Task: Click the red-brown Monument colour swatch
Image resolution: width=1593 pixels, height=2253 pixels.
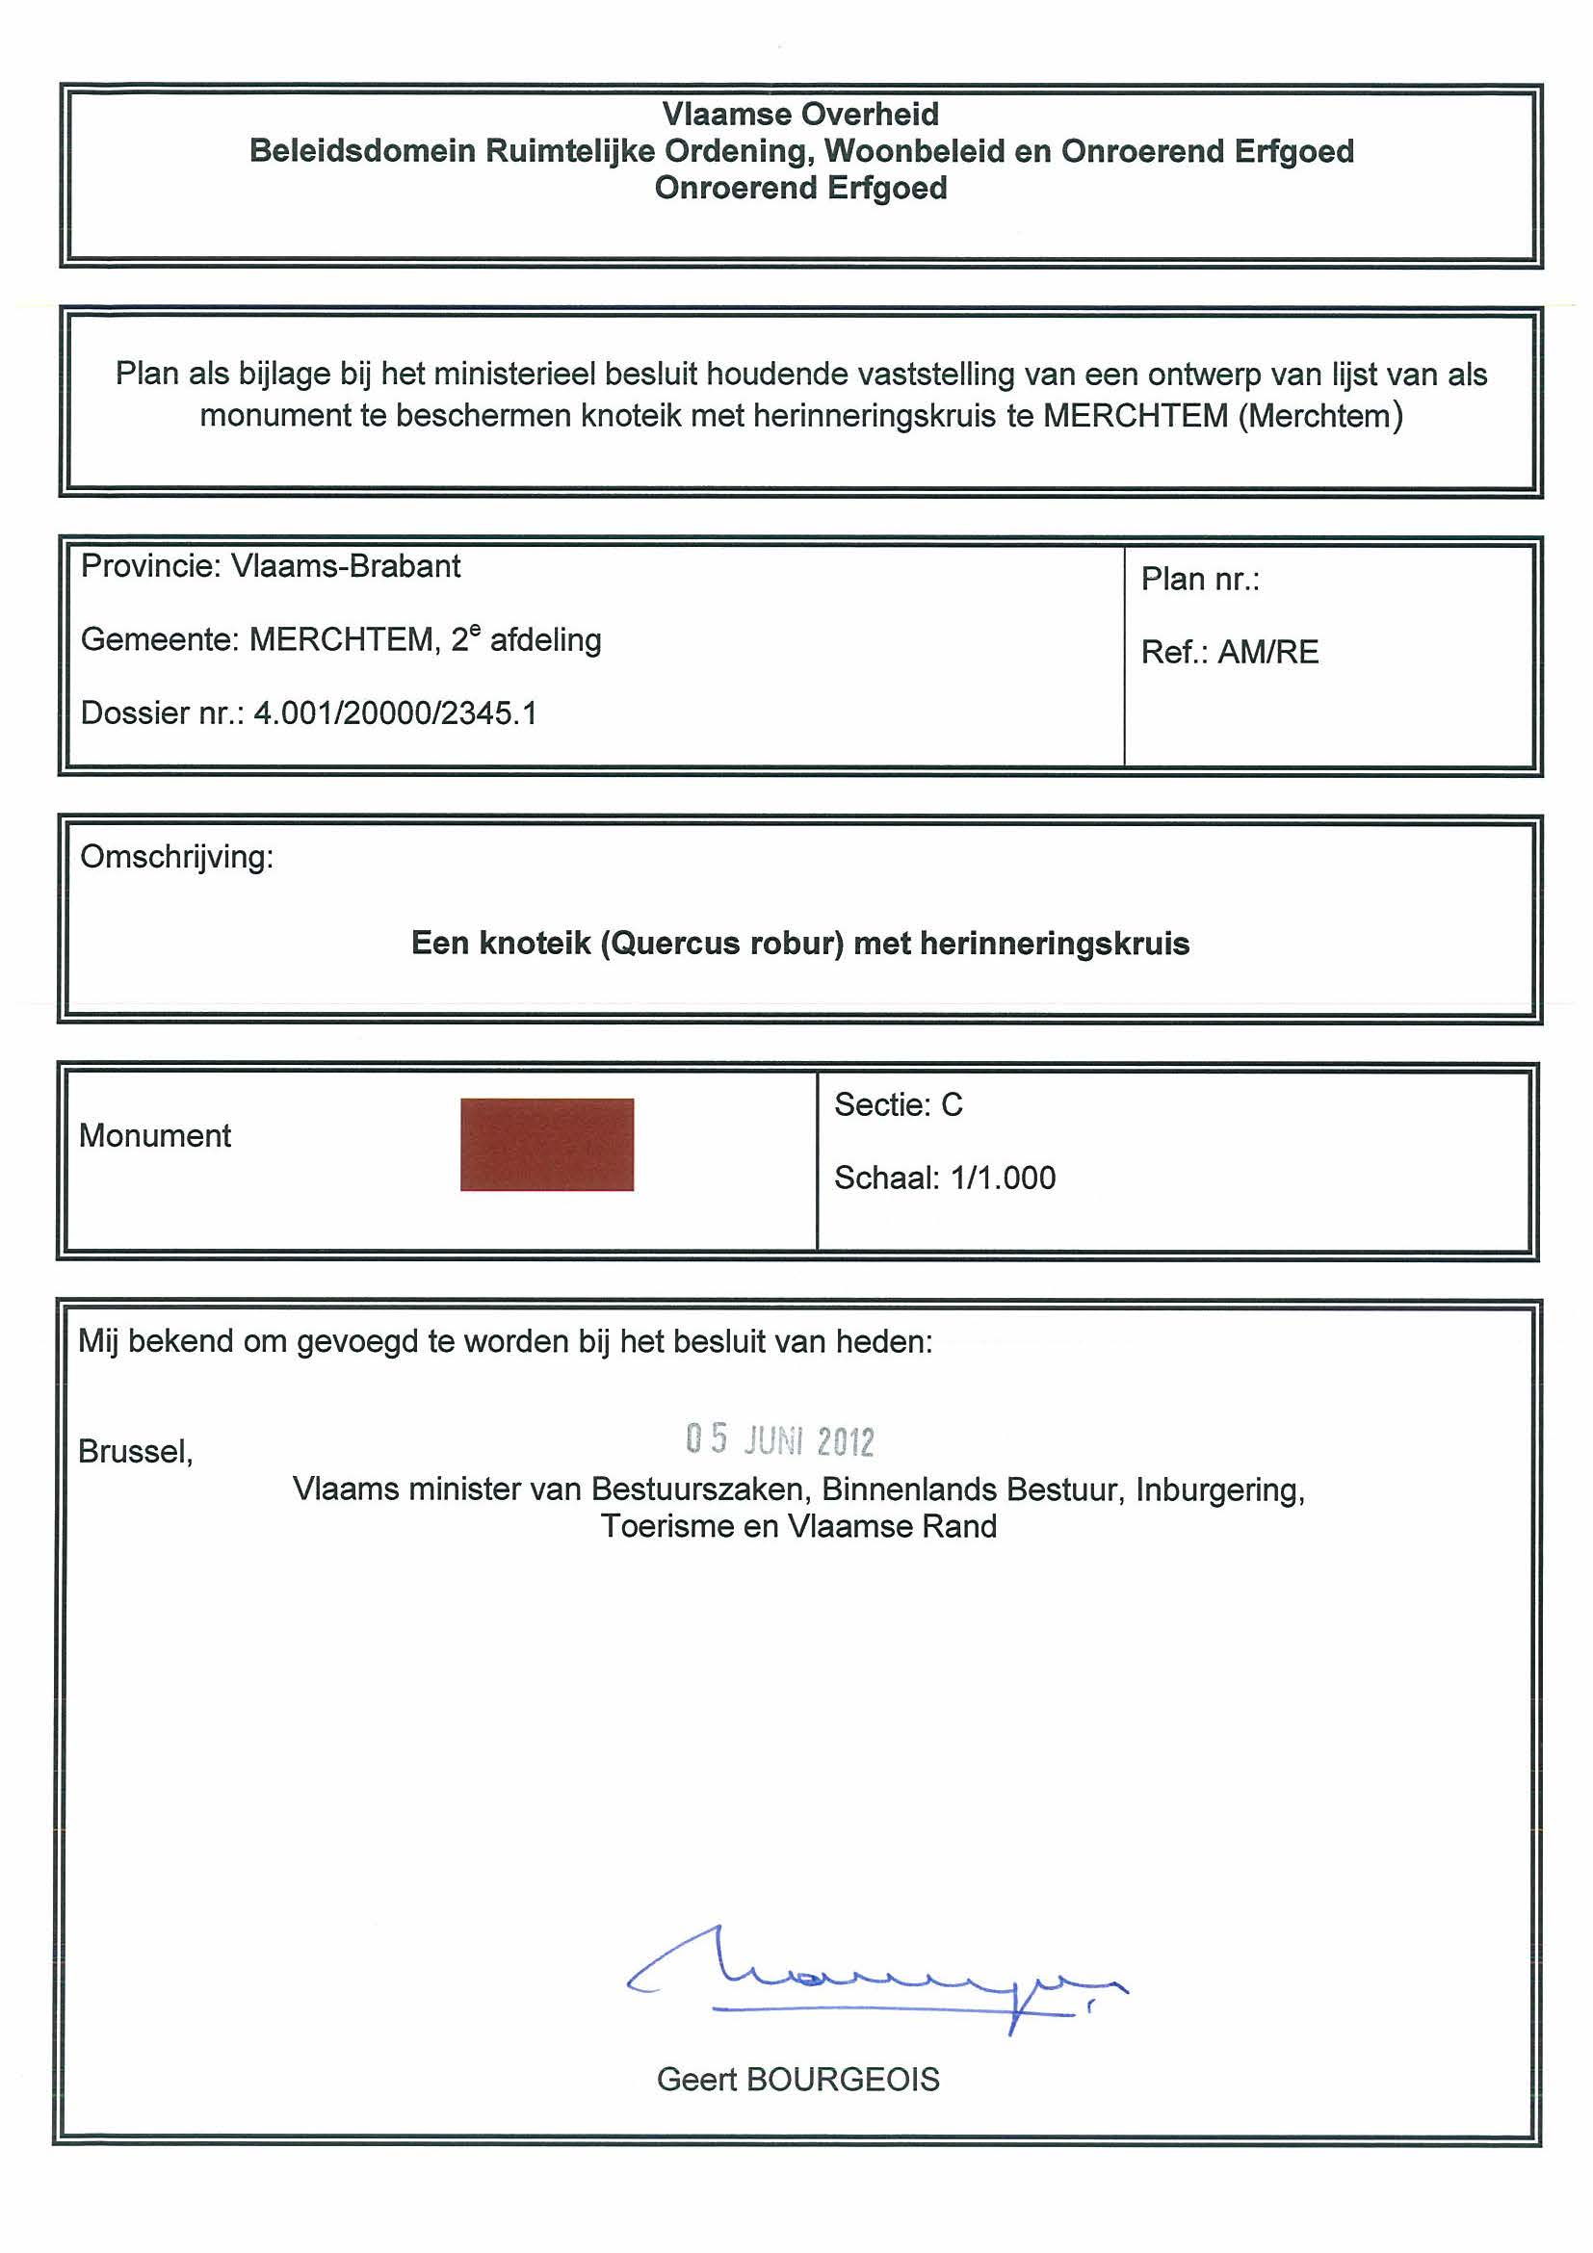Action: point(547,1144)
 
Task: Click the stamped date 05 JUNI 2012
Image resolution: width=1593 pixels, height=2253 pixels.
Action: point(779,1439)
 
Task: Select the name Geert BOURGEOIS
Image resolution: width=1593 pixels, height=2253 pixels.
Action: point(798,2080)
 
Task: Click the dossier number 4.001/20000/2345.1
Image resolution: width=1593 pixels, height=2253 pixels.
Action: point(396,713)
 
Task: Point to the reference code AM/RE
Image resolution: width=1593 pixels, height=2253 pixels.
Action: point(1268,653)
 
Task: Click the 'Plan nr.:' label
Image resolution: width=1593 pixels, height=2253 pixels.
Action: point(1199,580)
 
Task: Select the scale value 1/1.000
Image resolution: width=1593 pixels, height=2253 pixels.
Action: point(1004,1178)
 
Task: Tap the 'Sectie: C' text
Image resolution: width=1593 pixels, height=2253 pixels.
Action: point(898,1105)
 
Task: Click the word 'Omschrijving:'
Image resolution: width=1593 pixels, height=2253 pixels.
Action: point(176,857)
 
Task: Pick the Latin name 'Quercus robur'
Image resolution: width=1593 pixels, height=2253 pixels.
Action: point(722,943)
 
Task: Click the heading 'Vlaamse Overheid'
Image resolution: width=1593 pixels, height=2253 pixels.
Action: point(800,115)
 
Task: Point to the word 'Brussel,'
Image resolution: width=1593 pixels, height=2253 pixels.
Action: point(136,1451)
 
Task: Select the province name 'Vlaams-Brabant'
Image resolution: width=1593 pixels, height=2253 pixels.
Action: point(346,566)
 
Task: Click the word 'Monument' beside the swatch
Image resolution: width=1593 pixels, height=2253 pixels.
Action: point(155,1135)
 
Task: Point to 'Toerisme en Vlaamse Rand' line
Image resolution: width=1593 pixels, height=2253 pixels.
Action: point(799,1526)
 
